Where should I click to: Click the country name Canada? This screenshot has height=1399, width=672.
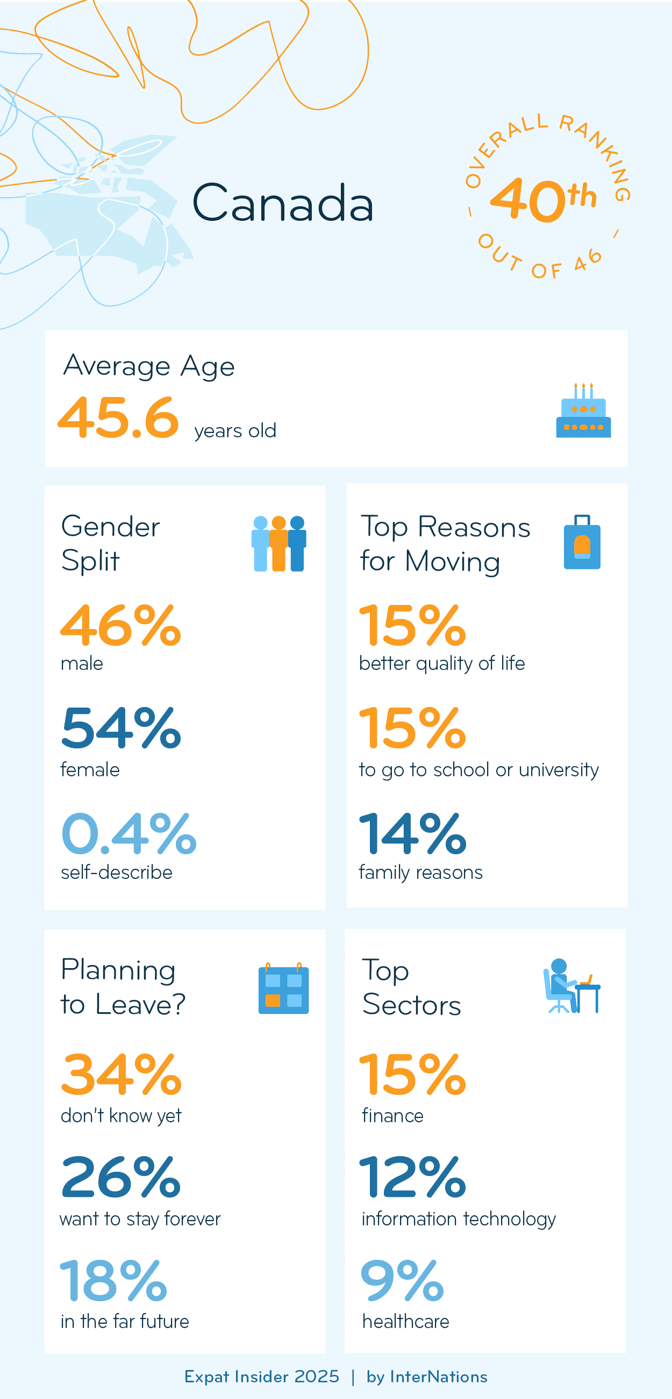click(x=282, y=203)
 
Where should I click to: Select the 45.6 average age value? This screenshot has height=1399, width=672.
click(x=118, y=417)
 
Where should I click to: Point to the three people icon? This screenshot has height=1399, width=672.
click(x=278, y=543)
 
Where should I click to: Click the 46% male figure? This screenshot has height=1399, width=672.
click(x=120, y=626)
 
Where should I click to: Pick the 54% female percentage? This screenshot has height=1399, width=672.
click(x=120, y=728)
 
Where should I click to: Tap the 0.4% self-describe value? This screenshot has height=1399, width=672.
click(x=128, y=834)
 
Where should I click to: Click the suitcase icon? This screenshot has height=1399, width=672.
click(x=582, y=542)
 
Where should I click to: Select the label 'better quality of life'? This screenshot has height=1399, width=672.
click(x=442, y=663)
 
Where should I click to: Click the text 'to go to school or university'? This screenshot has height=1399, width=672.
click(x=478, y=769)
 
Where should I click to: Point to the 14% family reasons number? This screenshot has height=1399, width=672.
click(x=412, y=834)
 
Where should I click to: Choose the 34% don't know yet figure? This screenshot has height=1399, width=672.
click(x=120, y=1075)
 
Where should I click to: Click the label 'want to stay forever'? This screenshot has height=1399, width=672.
click(x=140, y=1218)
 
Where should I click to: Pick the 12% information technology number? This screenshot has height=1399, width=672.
click(x=412, y=1177)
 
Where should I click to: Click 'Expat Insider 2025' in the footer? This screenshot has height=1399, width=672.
click(x=262, y=1377)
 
